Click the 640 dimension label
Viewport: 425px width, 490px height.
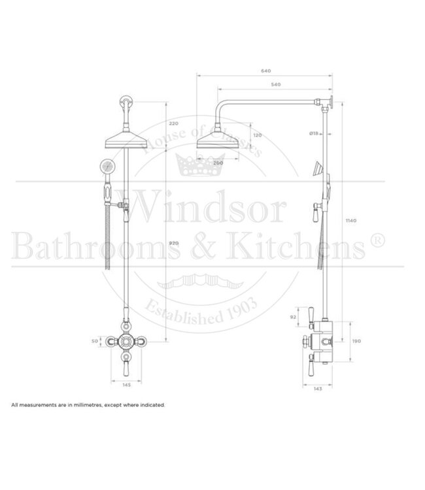265,71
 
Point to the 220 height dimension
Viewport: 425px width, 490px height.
173,123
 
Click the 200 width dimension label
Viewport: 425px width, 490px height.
218,163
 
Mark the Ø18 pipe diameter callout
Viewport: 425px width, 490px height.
314,133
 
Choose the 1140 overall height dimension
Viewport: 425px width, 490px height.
351,221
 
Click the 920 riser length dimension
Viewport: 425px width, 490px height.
173,243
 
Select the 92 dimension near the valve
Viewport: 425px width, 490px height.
292,317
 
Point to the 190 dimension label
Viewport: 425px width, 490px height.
357,340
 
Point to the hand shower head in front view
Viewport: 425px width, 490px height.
107,166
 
